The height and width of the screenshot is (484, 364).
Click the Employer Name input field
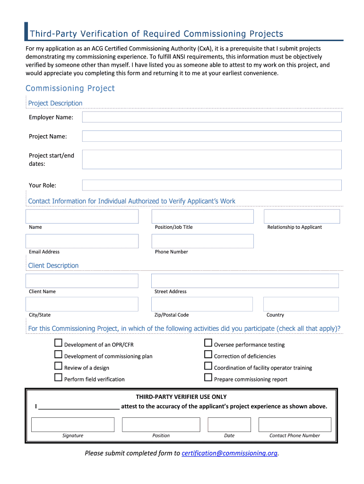point(212,117)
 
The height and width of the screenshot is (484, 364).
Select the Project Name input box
point(212,136)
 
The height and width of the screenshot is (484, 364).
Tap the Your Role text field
point(212,185)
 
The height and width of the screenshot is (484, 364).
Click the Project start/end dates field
point(212,159)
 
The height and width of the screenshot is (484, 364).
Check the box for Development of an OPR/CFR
point(58,343)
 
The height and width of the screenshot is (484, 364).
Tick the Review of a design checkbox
point(58,366)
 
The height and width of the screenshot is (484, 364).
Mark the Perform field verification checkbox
point(58,377)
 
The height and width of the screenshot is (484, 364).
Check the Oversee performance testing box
point(208,343)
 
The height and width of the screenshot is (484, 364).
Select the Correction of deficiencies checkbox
point(208,354)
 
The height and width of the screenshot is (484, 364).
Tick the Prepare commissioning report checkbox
point(208,377)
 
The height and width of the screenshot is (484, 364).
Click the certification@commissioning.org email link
point(229,453)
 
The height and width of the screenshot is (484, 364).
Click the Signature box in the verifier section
point(73,424)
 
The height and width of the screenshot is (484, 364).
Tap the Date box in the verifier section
point(229,424)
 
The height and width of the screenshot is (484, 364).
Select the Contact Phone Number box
point(295,424)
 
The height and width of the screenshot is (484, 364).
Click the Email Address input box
point(82,241)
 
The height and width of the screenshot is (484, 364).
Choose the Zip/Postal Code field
point(202,304)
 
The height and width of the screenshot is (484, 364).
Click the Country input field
point(301,304)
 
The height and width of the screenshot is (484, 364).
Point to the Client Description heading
point(53,266)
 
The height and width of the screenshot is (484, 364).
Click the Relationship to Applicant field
point(302,216)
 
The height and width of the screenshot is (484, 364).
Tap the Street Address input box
point(245,281)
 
